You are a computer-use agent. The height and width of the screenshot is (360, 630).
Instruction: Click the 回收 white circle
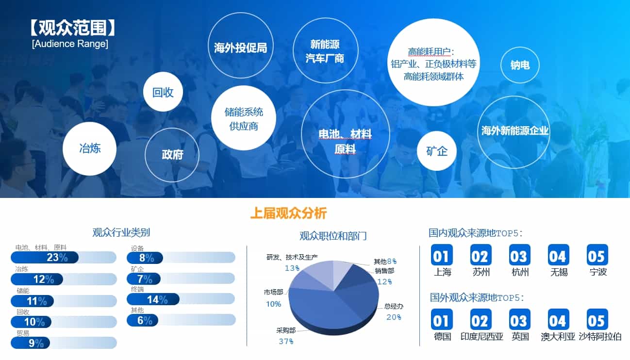click(x=163, y=92)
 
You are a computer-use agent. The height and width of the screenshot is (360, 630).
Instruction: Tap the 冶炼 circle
click(x=89, y=148)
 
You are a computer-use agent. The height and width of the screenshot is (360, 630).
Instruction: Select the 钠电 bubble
click(x=520, y=65)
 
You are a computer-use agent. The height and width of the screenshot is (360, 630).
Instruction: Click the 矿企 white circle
click(x=436, y=151)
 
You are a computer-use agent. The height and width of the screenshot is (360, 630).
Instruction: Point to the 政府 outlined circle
click(x=172, y=155)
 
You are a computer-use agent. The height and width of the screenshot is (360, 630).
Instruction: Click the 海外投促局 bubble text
click(x=240, y=48)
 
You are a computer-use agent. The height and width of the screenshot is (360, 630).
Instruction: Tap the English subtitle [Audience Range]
click(x=70, y=44)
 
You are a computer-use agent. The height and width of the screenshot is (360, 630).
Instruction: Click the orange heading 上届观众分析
click(x=289, y=213)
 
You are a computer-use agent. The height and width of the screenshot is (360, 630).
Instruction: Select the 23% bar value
click(x=57, y=257)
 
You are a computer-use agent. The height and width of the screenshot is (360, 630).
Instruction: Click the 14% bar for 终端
click(x=153, y=299)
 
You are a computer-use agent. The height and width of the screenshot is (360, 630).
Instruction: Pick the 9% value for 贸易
click(x=36, y=343)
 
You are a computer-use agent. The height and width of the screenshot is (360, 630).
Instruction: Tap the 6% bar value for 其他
click(x=145, y=320)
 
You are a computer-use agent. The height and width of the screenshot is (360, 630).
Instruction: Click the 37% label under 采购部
click(x=286, y=342)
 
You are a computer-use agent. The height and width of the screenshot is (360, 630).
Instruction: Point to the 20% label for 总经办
click(x=394, y=317)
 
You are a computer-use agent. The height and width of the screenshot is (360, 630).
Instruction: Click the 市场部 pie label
click(x=273, y=292)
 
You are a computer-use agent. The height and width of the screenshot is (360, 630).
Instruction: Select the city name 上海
click(x=442, y=272)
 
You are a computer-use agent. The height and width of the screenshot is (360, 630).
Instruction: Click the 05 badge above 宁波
click(x=597, y=255)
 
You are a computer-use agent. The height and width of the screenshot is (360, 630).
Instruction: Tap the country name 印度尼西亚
click(x=481, y=336)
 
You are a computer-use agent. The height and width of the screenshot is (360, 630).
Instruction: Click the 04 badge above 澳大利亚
click(x=558, y=320)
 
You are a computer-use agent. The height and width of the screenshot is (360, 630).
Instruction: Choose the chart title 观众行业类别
click(x=121, y=232)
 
